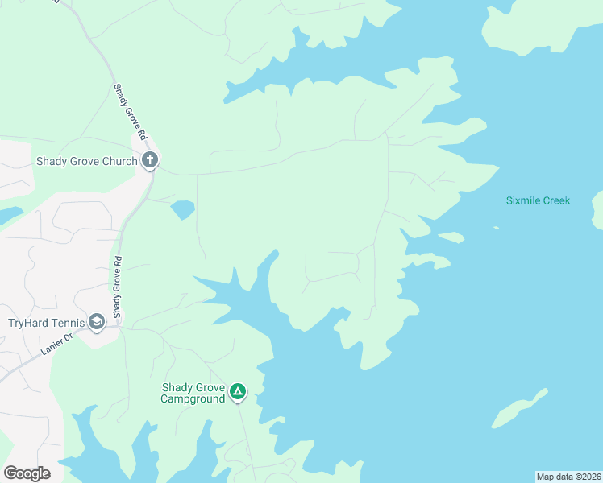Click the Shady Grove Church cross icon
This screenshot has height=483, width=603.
(x=149, y=160)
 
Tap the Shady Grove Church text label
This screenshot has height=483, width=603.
(x=87, y=161)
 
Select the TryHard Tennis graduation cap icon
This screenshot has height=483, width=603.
(x=97, y=323)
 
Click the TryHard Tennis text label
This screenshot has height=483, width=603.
(x=46, y=324)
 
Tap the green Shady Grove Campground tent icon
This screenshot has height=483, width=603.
(x=238, y=392)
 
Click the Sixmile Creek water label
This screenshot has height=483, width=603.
(x=538, y=200)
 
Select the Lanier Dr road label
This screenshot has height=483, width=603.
(x=56, y=343)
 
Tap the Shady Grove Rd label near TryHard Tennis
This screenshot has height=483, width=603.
(x=117, y=287)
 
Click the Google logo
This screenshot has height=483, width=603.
(x=27, y=473)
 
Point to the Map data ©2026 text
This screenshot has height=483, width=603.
(x=568, y=477)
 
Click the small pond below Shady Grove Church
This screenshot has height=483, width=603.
(x=182, y=210)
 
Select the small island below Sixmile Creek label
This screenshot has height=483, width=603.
(x=451, y=237)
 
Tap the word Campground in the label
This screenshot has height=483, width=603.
(x=192, y=398)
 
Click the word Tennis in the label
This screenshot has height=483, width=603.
(x=69, y=324)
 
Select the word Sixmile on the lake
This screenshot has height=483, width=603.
(x=522, y=200)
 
